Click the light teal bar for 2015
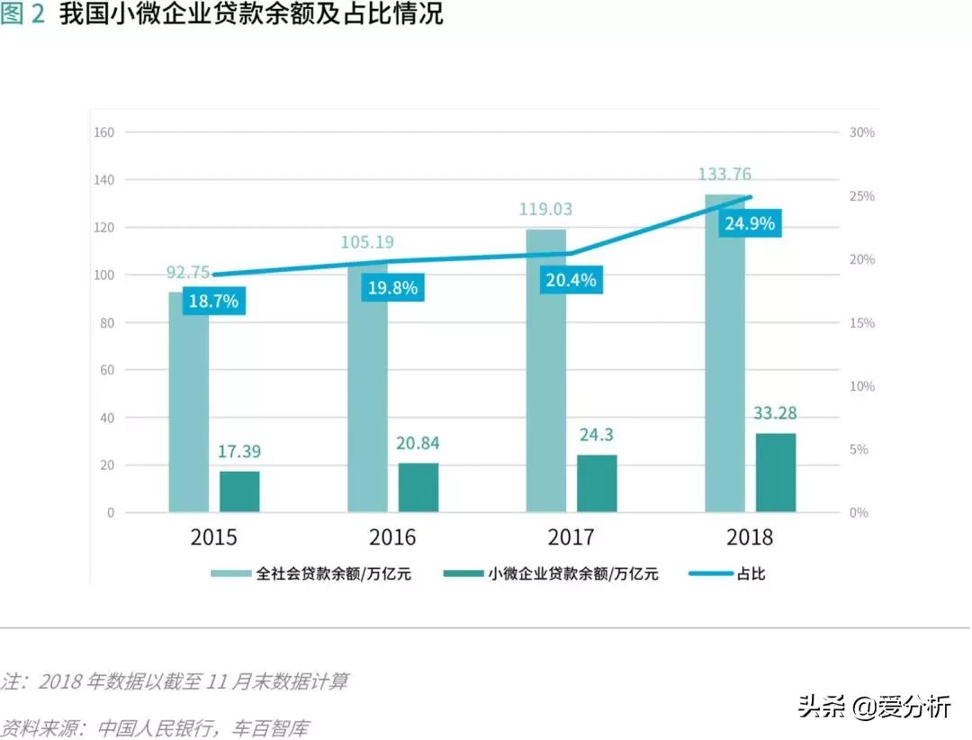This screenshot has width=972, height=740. (188, 405)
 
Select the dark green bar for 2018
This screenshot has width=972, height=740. (775, 473)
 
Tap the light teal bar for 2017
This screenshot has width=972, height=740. (546, 378)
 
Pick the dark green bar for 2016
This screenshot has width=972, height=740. (418, 487)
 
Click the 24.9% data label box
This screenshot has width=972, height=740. (750, 223)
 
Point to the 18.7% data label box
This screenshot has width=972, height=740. (214, 301)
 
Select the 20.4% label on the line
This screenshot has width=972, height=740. (571, 280)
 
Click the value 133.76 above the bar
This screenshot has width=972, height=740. (724, 175)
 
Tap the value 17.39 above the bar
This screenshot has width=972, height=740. (239, 452)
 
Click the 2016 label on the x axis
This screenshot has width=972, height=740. (392, 537)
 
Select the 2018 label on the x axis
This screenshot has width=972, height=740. (749, 537)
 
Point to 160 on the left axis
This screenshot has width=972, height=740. (103, 132)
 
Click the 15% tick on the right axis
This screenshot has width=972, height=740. (861, 322)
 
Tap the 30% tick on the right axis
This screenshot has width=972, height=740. (861, 132)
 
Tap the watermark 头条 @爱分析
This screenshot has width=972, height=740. (873, 707)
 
